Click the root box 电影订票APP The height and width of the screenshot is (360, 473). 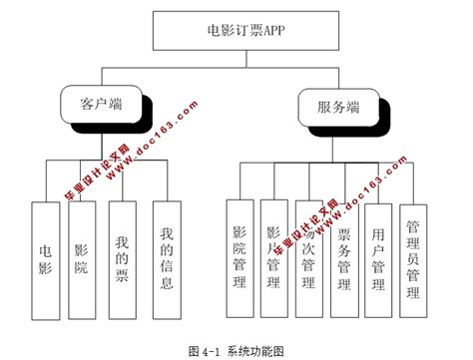pyautogui.click(x=237, y=30)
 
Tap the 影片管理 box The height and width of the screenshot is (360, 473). pyautogui.click(x=272, y=257)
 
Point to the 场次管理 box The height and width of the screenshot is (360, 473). pyautogui.click(x=308, y=257)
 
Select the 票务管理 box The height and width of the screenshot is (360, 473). pyautogui.click(x=342, y=257)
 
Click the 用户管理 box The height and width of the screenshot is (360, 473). pyautogui.click(x=377, y=257)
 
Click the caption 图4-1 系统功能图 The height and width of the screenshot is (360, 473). pyautogui.click(x=236, y=350)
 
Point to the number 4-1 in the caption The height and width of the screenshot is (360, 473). pyautogui.click(x=210, y=350)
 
